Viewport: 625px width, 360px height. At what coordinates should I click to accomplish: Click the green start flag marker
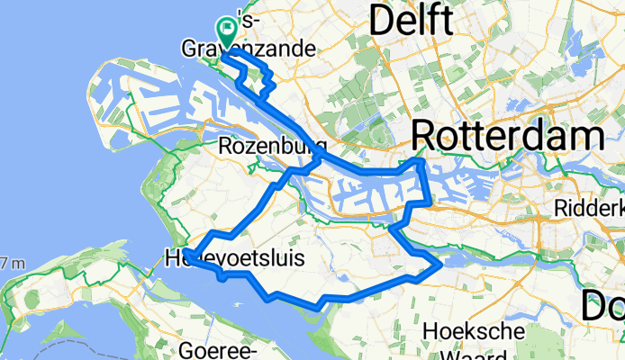click(x=224, y=32)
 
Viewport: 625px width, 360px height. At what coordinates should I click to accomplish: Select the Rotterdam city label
click(x=507, y=137)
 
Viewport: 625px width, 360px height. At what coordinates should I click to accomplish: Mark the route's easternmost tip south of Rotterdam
click(x=440, y=265)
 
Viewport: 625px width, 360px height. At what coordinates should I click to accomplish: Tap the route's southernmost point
click(x=317, y=308)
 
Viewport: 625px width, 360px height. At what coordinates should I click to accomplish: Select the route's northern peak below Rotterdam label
click(x=420, y=161)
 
